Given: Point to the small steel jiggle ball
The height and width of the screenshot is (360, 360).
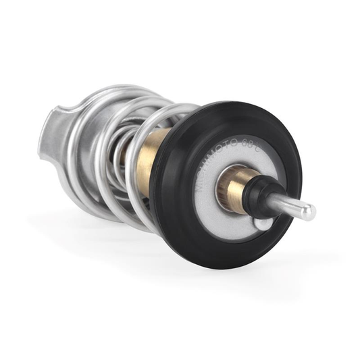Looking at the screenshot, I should (x=263, y=223).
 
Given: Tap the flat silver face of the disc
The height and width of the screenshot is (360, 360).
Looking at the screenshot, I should (x=223, y=220).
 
